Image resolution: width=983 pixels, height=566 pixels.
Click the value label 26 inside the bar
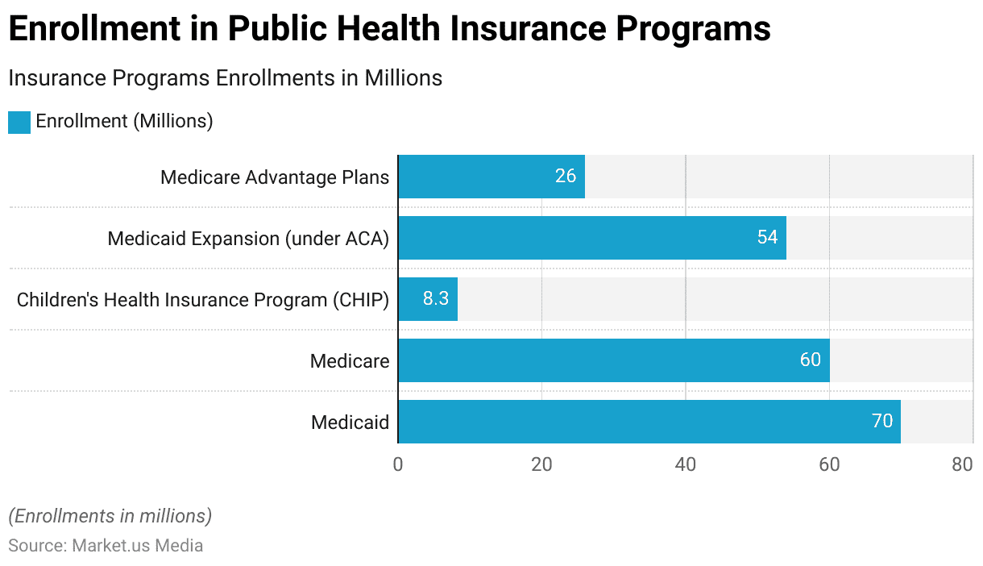pos(566,177)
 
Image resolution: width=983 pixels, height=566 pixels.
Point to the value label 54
pos(767,238)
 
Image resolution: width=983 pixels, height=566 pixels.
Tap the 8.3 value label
pos(436,299)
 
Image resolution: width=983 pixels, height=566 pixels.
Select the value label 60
pos(811,360)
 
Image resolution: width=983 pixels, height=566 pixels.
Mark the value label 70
pos(882,422)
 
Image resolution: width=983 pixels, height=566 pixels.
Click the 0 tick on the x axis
pos(398,465)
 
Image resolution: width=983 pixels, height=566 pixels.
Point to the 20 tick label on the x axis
pos(541,465)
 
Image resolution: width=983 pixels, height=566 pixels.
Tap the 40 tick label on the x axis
pos(686,465)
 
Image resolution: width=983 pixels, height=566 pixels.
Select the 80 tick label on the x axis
pos(962,465)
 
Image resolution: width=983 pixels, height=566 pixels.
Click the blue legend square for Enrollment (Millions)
pos(19,122)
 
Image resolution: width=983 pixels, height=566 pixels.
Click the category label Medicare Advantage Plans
pos(275,177)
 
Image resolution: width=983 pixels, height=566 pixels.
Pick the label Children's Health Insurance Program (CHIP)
pos(203,300)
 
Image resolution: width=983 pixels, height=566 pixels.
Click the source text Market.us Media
pos(137,546)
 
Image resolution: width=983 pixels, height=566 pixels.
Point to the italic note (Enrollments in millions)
pos(110,516)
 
